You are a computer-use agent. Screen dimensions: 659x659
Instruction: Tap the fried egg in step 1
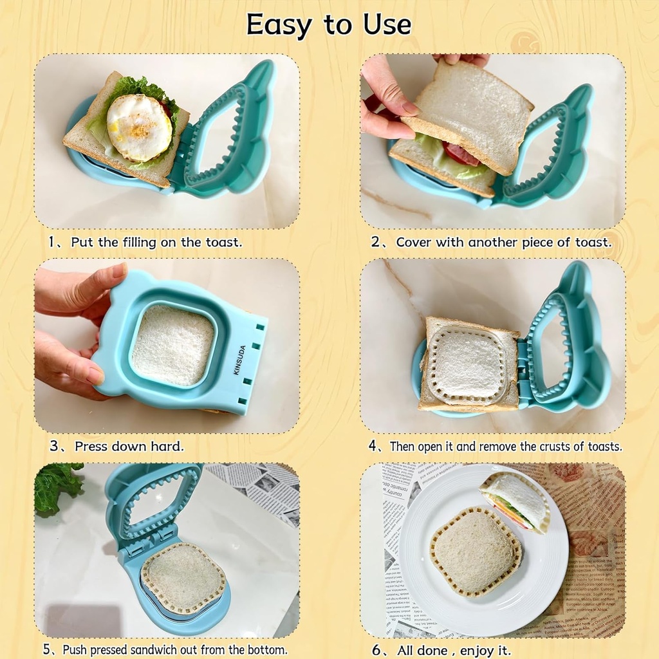[x=139, y=127]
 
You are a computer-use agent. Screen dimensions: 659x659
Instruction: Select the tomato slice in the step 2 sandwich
[x=461, y=155]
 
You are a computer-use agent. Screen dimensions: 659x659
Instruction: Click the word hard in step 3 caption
[x=169, y=445]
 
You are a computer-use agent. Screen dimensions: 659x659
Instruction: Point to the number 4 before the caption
[x=373, y=445]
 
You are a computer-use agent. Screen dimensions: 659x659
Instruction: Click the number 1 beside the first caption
[x=51, y=242]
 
